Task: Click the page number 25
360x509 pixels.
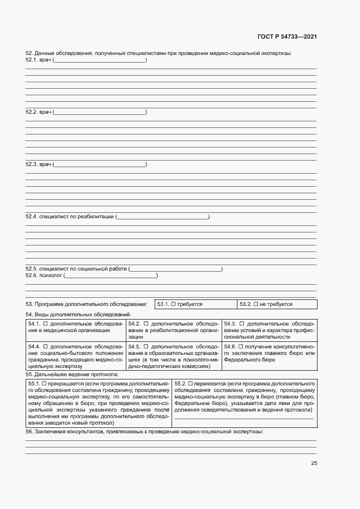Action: (x=314, y=463)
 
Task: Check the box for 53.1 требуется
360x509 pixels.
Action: (x=173, y=304)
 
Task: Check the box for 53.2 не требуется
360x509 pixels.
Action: (x=255, y=304)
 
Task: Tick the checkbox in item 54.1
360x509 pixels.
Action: (x=45, y=323)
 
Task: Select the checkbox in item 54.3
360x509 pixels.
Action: (x=242, y=323)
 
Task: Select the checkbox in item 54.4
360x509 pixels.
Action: (x=45, y=346)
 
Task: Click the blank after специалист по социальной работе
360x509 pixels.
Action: (x=175, y=269)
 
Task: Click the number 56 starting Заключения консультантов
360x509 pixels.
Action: (x=29, y=431)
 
